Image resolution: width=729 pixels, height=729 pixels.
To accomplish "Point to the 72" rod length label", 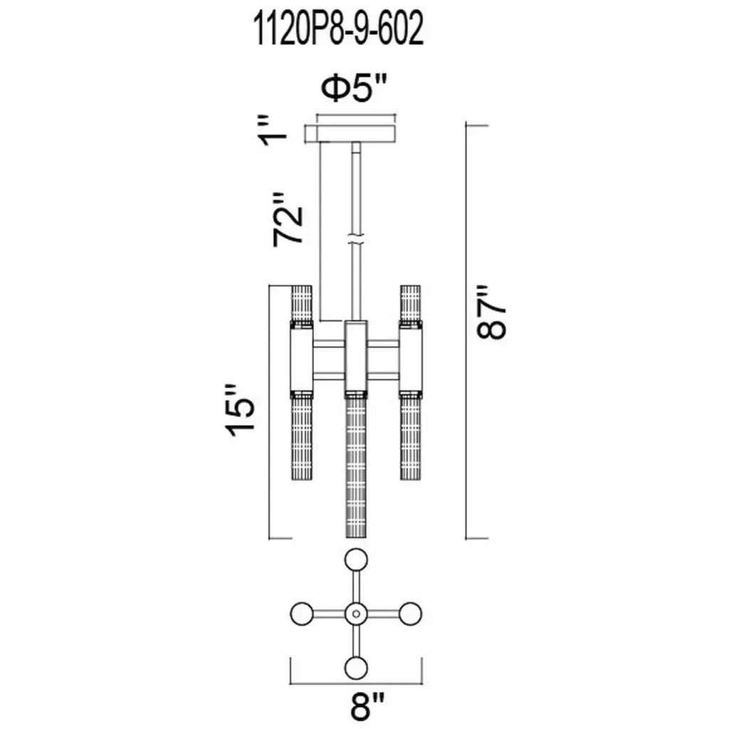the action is [288, 219].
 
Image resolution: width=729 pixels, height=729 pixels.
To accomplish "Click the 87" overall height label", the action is [491, 312].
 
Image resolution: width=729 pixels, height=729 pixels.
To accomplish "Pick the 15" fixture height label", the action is [241, 410].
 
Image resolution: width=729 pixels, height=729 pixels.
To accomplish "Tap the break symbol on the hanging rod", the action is [356, 239].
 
